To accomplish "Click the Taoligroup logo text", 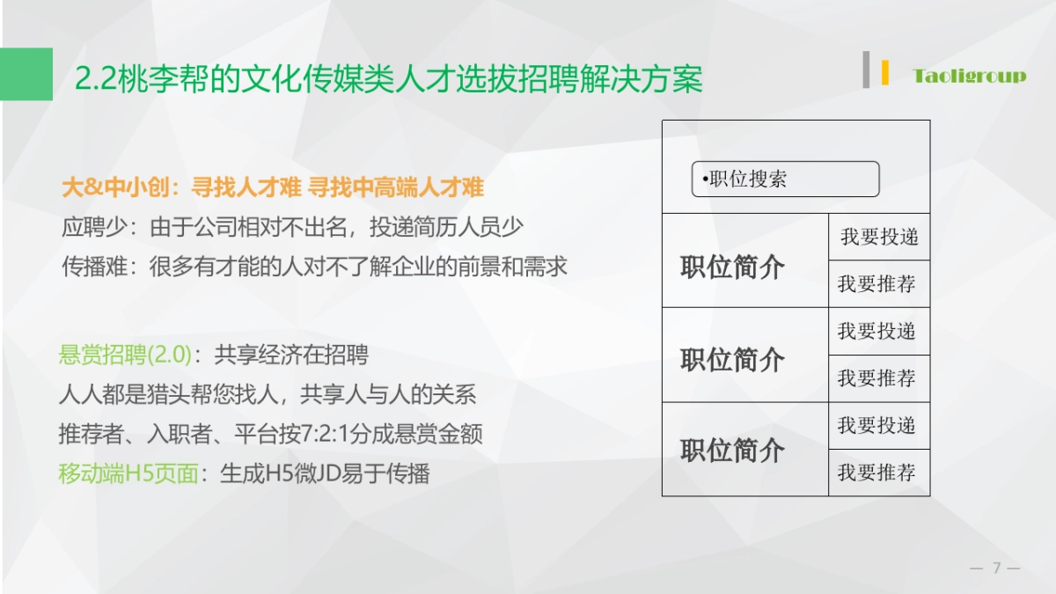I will [969, 76].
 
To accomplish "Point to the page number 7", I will [997, 568].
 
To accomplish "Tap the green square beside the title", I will [26, 74].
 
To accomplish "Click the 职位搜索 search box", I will [785, 179].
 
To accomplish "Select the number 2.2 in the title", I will [92, 80].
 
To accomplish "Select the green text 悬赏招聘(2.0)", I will [125, 355].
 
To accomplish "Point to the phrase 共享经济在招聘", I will [291, 355].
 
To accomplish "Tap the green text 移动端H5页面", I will [128, 473].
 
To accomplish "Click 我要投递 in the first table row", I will [878, 237].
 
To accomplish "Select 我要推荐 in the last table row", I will [876, 473].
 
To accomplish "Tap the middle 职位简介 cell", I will [732, 359].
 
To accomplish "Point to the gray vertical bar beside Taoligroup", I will [867, 70].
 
